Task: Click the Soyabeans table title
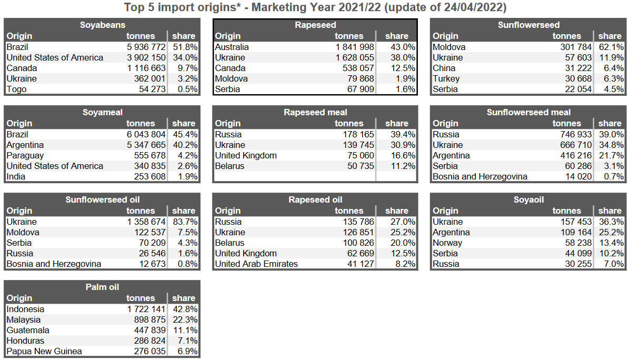click(103, 25)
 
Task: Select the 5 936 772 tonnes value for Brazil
click(146, 47)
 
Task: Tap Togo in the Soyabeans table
click(16, 89)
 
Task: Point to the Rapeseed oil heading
click(315, 199)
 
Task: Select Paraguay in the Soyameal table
click(25, 155)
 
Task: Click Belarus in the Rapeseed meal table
click(229, 166)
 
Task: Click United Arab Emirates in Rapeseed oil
click(256, 264)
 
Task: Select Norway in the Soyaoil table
click(447, 243)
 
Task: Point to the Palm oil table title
click(103, 287)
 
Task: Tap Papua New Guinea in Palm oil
click(44, 351)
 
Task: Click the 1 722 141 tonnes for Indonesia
click(146, 309)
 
